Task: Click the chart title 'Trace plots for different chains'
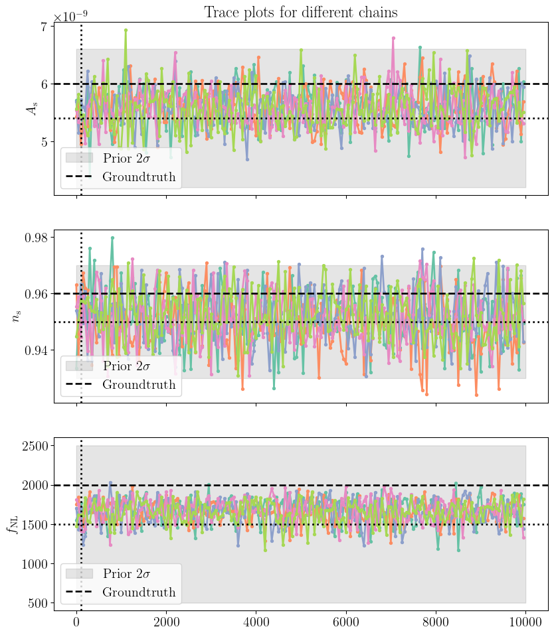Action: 300,12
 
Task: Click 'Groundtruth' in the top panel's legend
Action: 139,177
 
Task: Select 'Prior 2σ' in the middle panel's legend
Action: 126,366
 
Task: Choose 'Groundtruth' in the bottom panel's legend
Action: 139,593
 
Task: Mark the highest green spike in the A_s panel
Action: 126,30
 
